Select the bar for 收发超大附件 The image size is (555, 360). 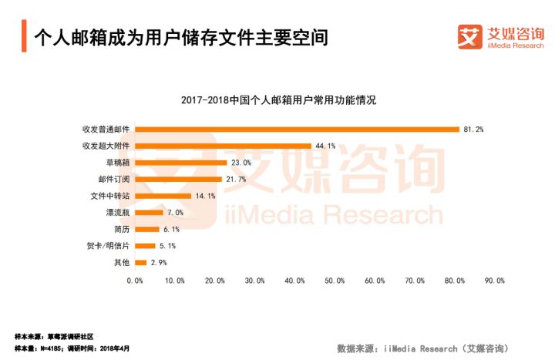tap(223, 146)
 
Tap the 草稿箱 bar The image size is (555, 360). tap(181, 163)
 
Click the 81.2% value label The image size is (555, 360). tap(473, 129)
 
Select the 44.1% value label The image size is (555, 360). tap(325, 146)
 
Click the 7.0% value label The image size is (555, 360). tap(175, 212)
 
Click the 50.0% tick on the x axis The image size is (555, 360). tap(335, 281)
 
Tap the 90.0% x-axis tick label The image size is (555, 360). tap(494, 281)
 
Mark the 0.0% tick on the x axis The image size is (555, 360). tap(135, 281)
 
